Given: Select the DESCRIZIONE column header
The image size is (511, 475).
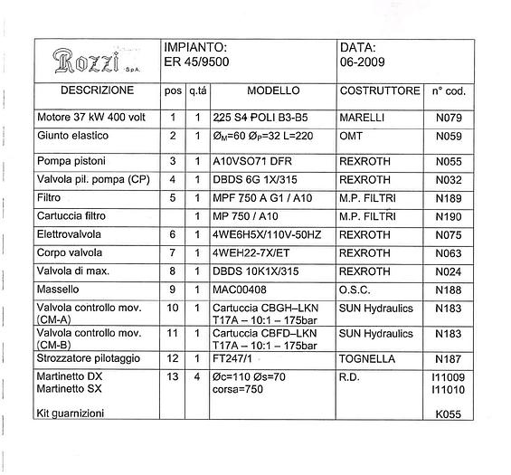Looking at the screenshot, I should tap(97, 91).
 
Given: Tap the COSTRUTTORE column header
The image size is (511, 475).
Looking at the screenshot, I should tap(380, 91).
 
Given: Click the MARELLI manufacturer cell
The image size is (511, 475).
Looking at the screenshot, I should tap(362, 118).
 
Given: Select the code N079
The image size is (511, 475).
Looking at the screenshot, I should tap(449, 118).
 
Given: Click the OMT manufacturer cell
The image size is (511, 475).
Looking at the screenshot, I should tap(351, 136).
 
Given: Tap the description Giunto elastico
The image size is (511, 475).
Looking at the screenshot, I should tap(73, 136).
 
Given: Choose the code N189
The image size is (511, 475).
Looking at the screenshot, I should tap(449, 196).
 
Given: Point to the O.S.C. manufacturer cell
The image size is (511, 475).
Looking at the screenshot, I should tap(356, 290).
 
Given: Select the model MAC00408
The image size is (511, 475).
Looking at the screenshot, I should tap(240, 290).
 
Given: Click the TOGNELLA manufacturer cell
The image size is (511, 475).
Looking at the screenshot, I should tap(366, 359).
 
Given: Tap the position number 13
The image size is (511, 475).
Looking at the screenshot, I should tap(173, 376).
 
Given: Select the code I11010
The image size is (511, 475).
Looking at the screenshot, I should tap(449, 389).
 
